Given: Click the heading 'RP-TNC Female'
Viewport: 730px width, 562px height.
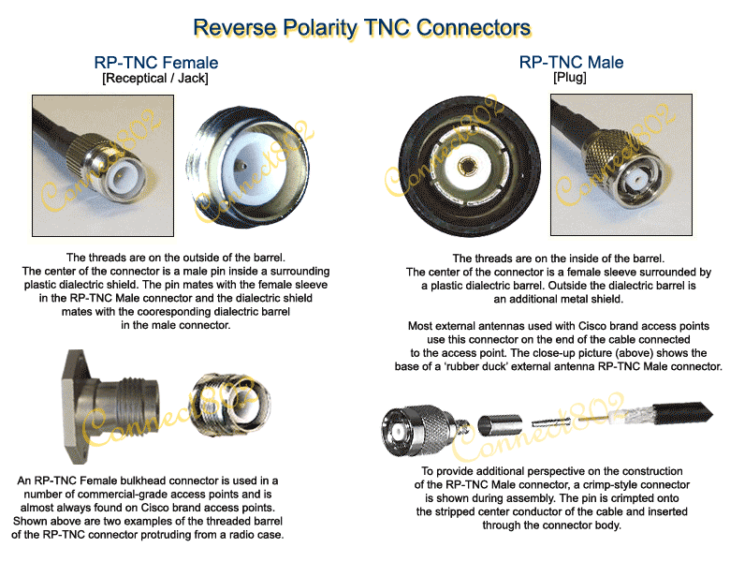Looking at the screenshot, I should click(x=155, y=63).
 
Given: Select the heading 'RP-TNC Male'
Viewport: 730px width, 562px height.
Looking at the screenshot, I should click(x=571, y=63).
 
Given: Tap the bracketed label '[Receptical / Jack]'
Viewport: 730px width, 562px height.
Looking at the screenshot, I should click(x=155, y=79).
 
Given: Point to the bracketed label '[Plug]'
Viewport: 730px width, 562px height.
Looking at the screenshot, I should click(x=571, y=78).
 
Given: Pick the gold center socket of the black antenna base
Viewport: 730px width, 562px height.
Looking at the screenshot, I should click(x=465, y=166).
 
